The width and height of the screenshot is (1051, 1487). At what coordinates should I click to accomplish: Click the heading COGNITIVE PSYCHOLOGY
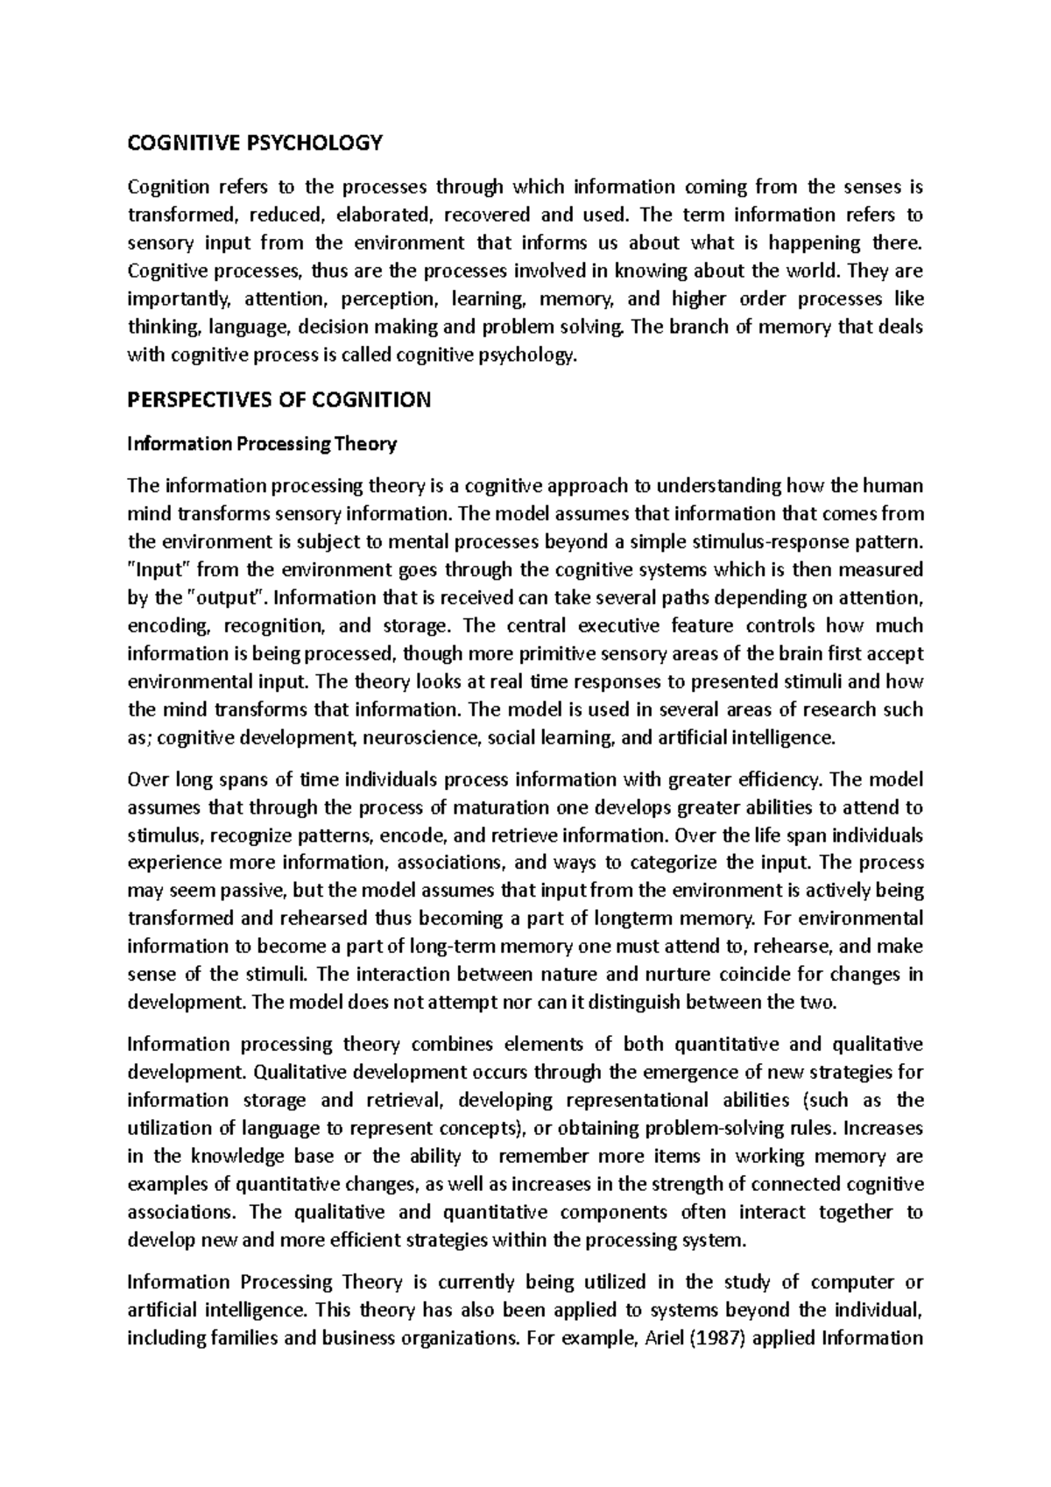click(x=255, y=142)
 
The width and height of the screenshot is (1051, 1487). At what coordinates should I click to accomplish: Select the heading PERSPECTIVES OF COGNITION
click(x=279, y=400)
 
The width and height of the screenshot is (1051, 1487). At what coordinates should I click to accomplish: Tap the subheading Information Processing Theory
click(x=262, y=444)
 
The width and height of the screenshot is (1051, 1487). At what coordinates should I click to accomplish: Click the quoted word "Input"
click(x=159, y=570)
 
